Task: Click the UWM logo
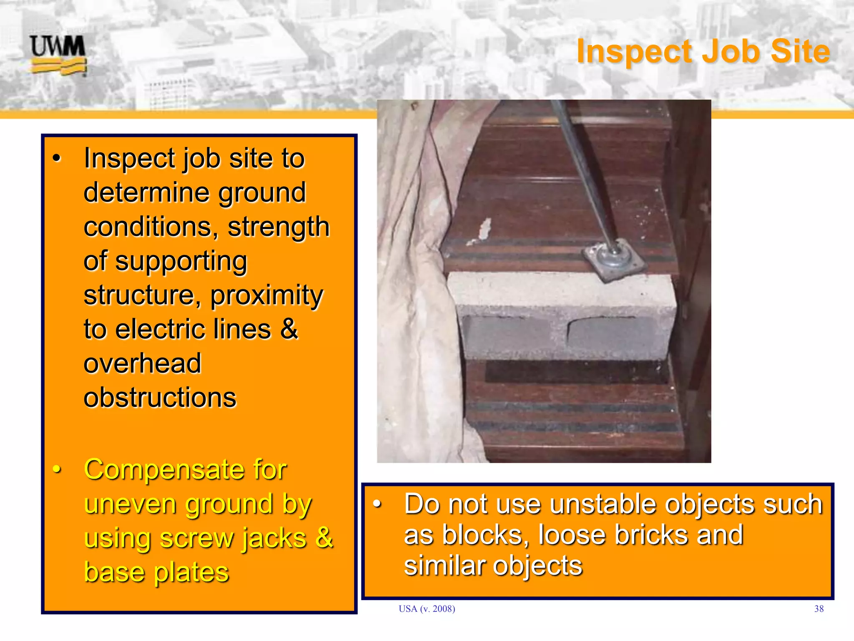pos(58,55)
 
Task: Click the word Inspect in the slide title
pos(634,52)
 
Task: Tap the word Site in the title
pos(800,51)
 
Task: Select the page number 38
pos(819,609)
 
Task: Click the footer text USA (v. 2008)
pos(427,609)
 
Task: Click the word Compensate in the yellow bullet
pos(185,470)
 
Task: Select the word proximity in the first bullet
pos(266,295)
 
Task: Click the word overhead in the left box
pos(142,363)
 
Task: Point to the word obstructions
pos(160,397)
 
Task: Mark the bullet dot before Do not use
pos(377,504)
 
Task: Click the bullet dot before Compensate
pos(57,470)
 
